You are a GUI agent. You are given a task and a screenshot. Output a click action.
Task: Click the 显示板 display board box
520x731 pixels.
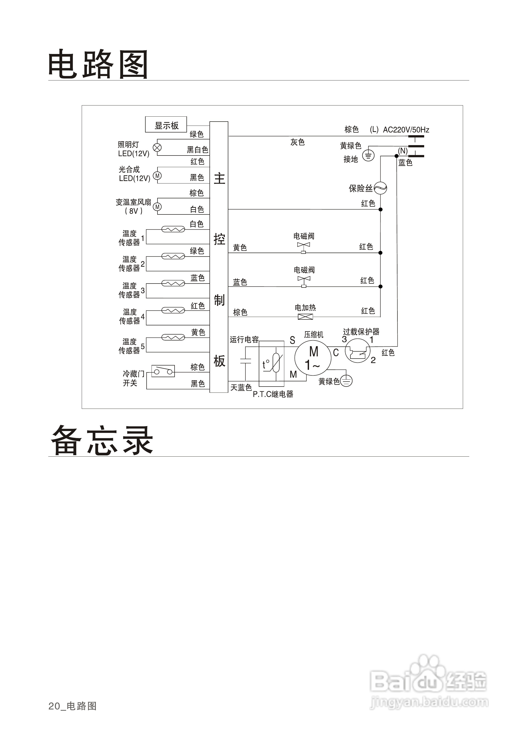(x=166, y=125)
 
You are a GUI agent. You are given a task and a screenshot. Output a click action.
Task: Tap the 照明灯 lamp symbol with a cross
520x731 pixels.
(x=157, y=148)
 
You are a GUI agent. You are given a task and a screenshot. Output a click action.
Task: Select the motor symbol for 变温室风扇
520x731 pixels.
(x=157, y=207)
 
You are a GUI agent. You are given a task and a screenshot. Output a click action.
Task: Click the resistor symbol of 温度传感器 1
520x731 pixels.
(x=173, y=229)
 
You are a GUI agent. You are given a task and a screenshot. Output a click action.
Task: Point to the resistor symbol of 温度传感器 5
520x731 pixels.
(x=173, y=338)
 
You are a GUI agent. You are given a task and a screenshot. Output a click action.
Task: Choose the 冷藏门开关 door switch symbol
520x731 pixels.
(x=163, y=371)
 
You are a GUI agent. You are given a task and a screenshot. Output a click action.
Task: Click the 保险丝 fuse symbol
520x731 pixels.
(x=380, y=188)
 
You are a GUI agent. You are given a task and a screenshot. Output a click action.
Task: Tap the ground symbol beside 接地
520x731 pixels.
(x=368, y=156)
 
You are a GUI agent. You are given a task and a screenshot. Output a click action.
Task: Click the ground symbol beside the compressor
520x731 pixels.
(x=346, y=381)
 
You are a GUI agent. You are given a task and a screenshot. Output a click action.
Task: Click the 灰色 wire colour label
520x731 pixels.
(x=297, y=142)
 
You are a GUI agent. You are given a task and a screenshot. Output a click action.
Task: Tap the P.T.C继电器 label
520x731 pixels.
(x=273, y=394)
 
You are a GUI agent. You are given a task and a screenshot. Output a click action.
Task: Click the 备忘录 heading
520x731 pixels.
(x=102, y=441)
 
